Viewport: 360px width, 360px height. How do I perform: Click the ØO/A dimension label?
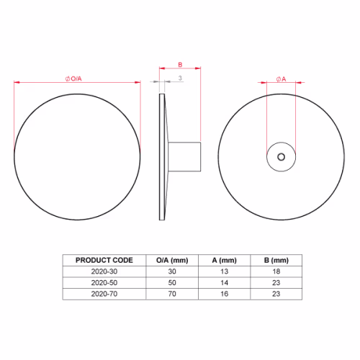coord(73,78)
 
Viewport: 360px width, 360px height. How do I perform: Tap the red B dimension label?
coord(180,65)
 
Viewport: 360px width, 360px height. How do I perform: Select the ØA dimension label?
coord(281,79)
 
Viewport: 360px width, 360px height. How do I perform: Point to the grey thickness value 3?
coord(180,78)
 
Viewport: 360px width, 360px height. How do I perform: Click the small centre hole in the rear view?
coord(281,157)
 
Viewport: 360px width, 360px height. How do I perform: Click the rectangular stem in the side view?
coord(184,157)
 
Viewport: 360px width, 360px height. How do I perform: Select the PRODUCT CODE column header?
coord(104,260)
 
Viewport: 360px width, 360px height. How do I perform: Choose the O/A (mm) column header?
coord(172,261)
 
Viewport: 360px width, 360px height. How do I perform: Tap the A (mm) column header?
coord(224,261)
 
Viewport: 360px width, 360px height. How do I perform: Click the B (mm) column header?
coord(276,261)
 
